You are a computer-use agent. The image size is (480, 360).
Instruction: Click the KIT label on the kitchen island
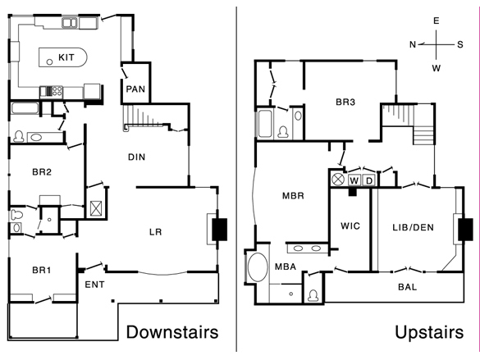click(66, 57)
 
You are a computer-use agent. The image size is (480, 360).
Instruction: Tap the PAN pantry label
click(135, 89)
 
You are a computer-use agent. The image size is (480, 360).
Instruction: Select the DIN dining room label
click(136, 157)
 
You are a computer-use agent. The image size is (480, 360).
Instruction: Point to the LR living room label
click(156, 232)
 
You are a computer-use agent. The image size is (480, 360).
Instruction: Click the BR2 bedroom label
click(42, 172)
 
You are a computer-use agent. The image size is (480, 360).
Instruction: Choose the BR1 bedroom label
click(42, 270)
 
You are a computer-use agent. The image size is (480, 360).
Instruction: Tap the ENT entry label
click(94, 285)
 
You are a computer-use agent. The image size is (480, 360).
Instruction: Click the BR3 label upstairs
click(345, 102)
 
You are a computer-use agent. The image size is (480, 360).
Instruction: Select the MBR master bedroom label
click(293, 196)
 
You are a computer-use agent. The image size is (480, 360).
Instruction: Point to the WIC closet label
click(350, 226)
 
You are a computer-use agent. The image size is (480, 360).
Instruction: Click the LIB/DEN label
click(414, 227)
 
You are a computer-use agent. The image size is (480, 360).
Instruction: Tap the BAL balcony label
click(408, 287)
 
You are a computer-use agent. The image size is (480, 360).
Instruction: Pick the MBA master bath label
click(286, 267)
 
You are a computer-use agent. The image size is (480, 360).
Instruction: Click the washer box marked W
click(354, 180)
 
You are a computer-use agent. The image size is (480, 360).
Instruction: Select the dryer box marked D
click(369, 180)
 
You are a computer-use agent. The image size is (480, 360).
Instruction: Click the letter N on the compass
click(413, 44)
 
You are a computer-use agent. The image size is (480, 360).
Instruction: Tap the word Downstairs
click(172, 332)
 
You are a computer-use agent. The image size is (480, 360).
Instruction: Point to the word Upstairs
click(429, 333)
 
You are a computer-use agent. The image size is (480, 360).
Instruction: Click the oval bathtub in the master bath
click(258, 267)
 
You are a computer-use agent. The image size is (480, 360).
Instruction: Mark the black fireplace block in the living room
click(220, 229)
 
